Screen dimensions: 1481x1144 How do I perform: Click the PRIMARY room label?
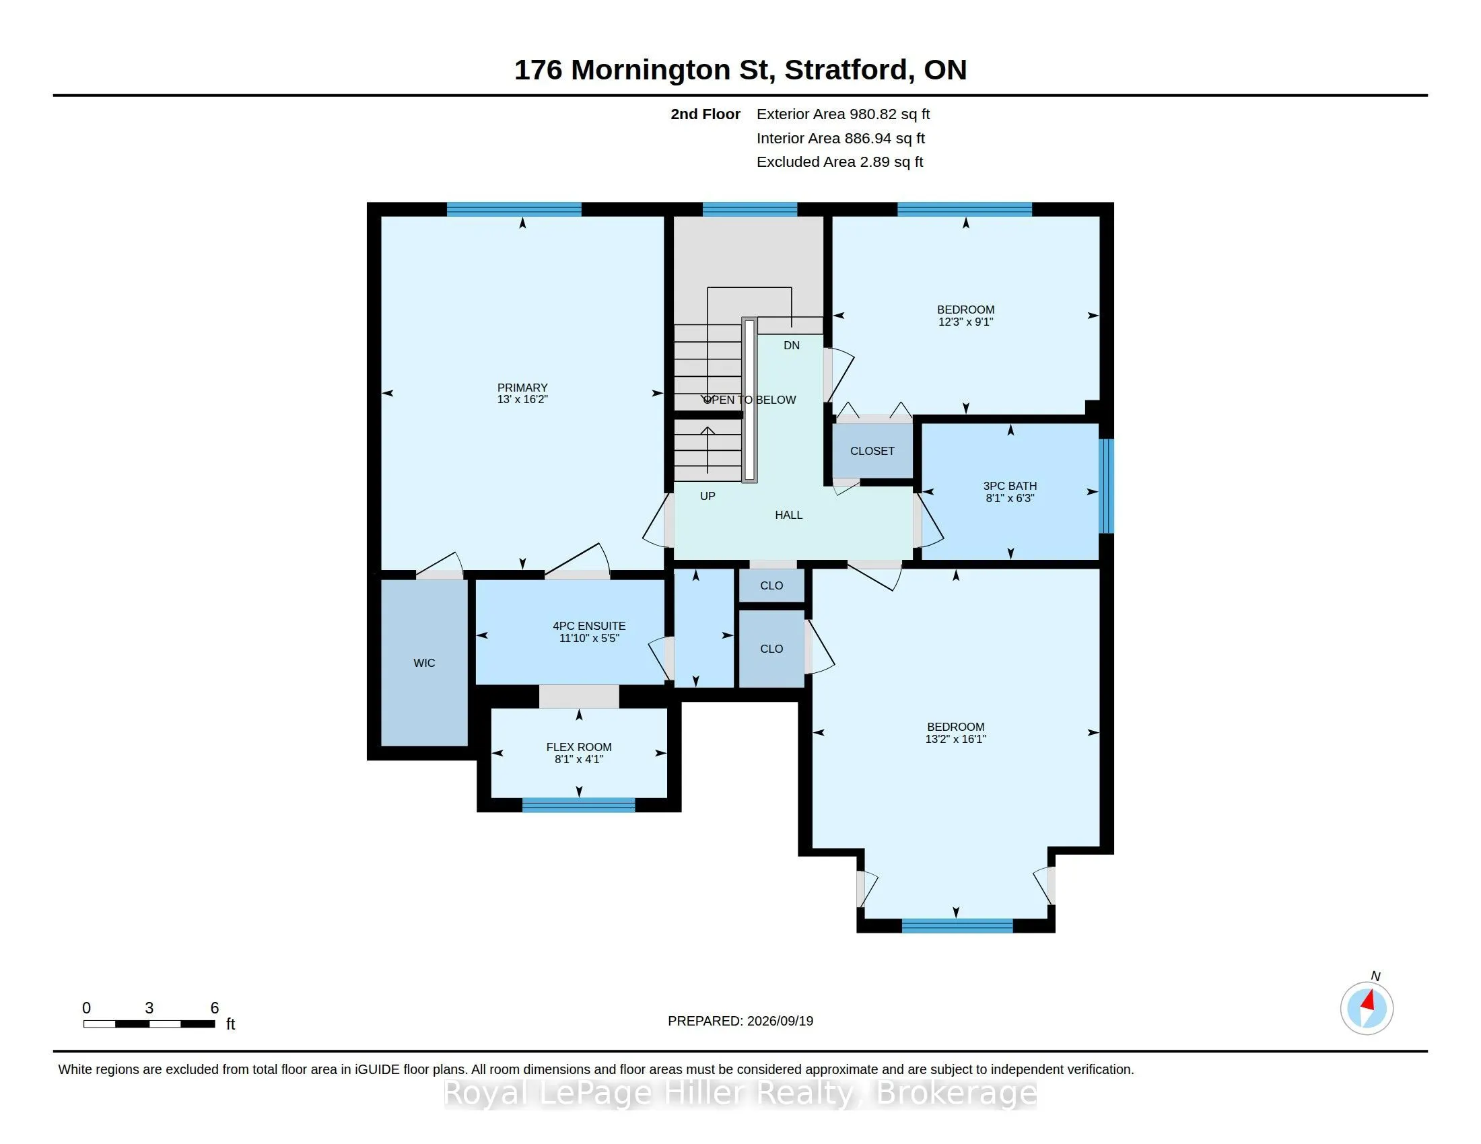click(522, 388)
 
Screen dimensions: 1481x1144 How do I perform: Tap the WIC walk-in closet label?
click(425, 663)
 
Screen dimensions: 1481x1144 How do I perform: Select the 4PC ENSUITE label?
click(589, 627)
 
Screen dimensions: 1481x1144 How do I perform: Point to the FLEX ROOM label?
click(579, 747)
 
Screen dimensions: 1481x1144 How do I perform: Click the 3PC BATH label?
click(1010, 486)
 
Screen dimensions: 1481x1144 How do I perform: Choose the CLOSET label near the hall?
click(872, 451)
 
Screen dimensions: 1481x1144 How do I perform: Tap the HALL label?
click(789, 515)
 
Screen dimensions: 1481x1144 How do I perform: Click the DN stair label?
click(792, 346)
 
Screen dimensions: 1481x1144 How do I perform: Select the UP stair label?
click(708, 496)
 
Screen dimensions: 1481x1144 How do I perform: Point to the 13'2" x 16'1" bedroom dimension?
click(955, 739)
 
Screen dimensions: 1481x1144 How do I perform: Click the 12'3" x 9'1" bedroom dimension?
click(965, 322)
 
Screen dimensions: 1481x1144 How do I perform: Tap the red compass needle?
click(1369, 1000)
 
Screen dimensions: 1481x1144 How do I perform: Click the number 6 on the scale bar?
click(214, 1008)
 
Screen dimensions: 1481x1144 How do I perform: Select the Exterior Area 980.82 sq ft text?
click(843, 114)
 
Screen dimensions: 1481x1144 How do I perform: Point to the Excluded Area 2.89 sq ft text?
click(839, 162)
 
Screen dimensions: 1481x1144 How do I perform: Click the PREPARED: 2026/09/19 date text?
click(740, 1021)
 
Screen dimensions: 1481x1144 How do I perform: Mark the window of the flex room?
click(578, 805)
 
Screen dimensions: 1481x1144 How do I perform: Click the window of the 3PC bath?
click(1106, 486)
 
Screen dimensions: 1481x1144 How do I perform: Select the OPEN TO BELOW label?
click(749, 400)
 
